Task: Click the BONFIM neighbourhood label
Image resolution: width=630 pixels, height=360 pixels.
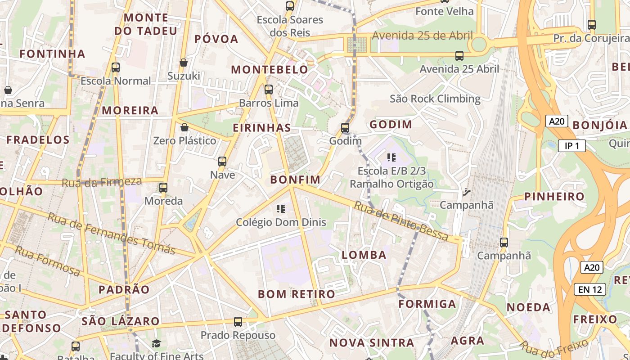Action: (x=295, y=180)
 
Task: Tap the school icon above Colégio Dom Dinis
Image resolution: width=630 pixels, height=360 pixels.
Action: (x=281, y=209)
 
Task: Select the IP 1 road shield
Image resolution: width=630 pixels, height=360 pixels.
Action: (x=571, y=146)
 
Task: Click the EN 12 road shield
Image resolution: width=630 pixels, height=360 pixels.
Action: (x=590, y=289)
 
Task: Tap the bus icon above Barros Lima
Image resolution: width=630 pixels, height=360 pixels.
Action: (x=269, y=90)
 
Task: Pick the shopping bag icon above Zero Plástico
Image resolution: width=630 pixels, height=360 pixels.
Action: (x=184, y=128)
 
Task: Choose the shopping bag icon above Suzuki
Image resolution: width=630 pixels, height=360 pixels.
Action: (x=183, y=63)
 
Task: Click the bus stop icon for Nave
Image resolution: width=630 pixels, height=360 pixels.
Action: (x=222, y=162)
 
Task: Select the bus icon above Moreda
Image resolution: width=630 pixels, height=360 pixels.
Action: (x=163, y=188)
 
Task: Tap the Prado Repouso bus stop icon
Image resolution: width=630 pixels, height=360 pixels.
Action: (x=238, y=322)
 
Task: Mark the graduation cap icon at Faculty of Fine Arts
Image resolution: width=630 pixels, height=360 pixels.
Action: (x=156, y=344)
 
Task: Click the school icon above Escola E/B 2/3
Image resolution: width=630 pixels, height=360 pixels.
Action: (x=391, y=157)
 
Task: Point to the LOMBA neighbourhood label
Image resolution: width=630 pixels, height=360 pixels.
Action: (x=364, y=255)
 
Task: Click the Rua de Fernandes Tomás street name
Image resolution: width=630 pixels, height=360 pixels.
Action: (x=111, y=234)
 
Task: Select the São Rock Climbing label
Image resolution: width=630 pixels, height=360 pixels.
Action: (x=435, y=99)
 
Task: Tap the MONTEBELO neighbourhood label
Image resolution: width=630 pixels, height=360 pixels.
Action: (x=270, y=70)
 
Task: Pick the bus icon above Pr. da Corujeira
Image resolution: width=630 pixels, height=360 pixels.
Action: (x=592, y=25)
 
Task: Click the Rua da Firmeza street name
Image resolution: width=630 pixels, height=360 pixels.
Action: (x=102, y=182)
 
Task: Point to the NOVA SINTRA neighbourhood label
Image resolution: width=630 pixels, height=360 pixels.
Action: (x=372, y=343)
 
